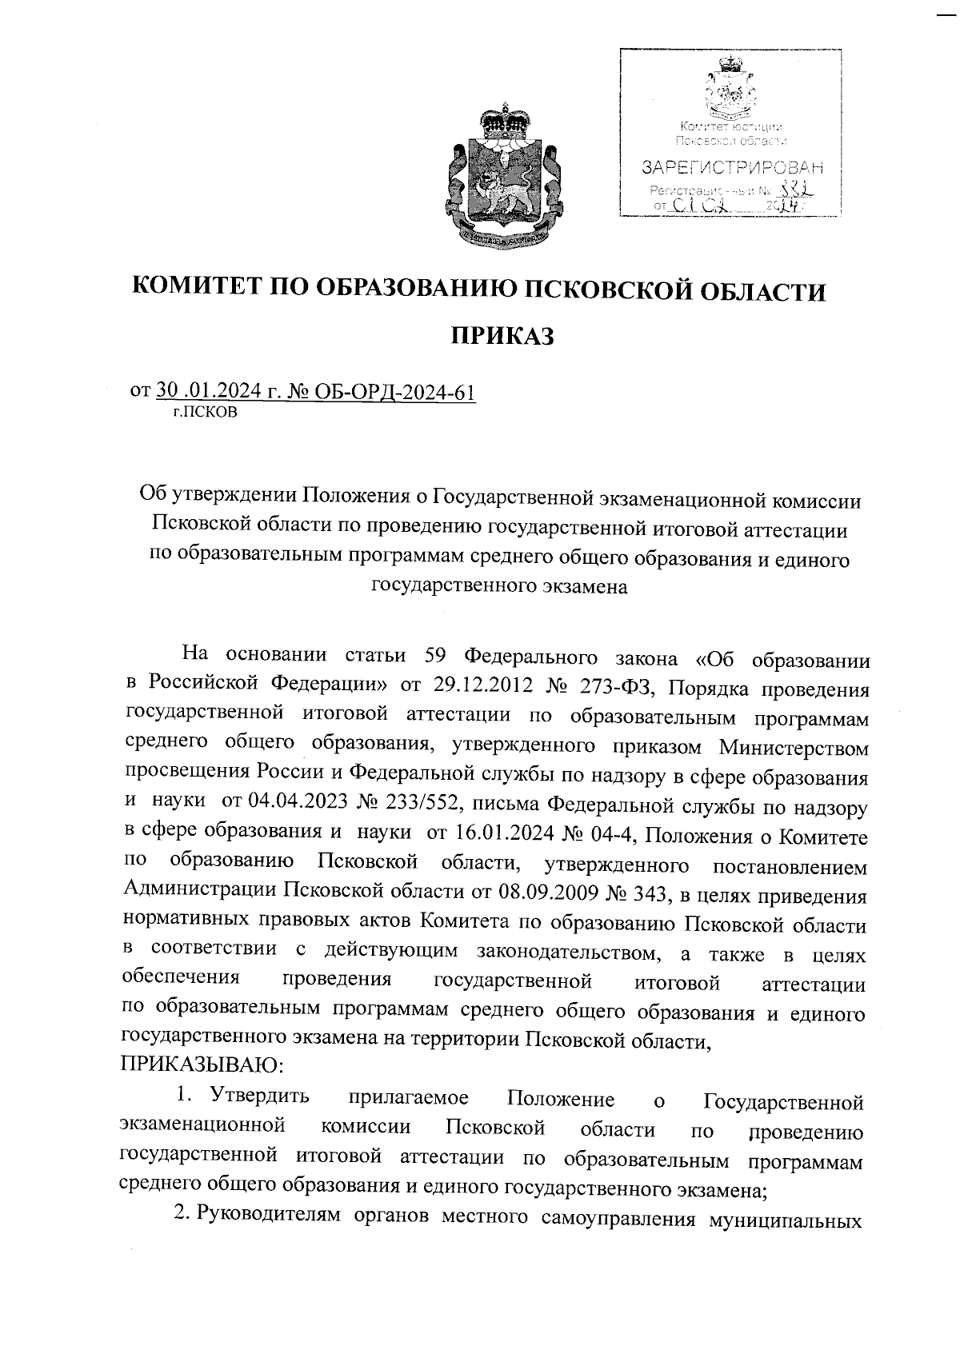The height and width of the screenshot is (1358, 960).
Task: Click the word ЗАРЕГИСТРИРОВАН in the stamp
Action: point(731,169)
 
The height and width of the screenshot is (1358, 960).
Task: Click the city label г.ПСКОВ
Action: point(205,413)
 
